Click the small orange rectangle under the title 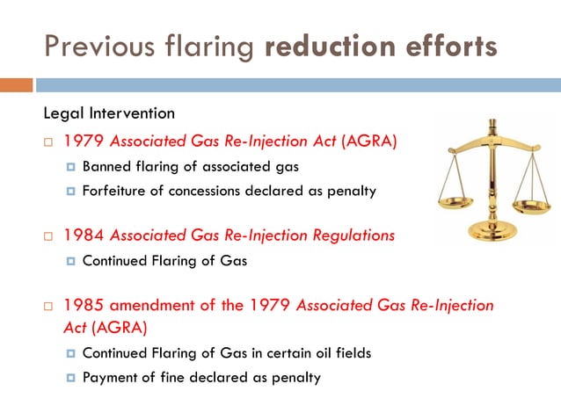coord(16,85)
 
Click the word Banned coord(106,167)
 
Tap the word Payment coord(111,378)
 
